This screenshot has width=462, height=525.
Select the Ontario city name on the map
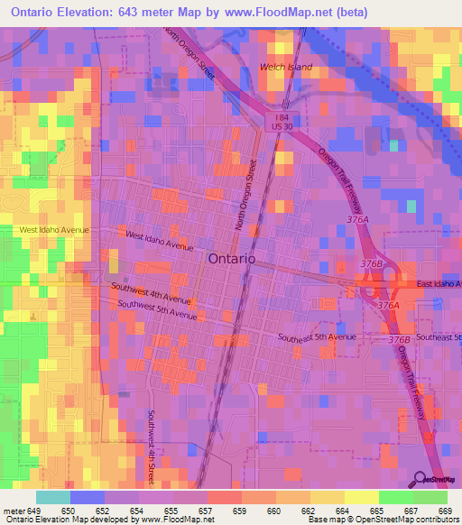(232, 258)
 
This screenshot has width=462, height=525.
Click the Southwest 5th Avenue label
(156, 310)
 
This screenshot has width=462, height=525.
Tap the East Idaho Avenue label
(439, 284)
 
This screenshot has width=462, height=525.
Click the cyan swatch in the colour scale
(52, 497)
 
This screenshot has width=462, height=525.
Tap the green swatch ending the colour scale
(430, 497)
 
